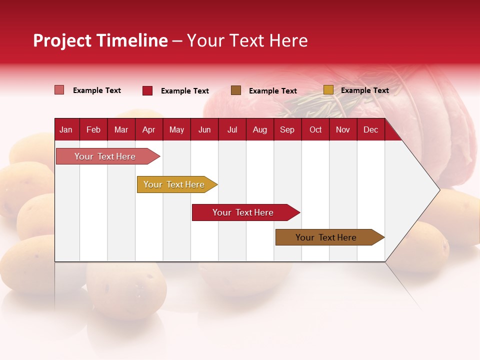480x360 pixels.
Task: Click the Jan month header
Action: [x=66, y=130]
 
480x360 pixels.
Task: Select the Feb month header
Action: [x=93, y=130]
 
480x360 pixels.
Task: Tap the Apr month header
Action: [x=148, y=130]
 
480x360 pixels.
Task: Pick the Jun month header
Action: [x=204, y=130]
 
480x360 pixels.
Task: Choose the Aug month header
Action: [x=259, y=130]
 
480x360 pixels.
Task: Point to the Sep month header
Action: [x=287, y=130]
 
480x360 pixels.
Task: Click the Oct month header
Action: [x=315, y=130]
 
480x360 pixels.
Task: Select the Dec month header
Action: [x=370, y=130]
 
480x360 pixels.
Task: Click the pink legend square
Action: [x=59, y=90]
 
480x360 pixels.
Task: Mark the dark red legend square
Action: [x=147, y=90]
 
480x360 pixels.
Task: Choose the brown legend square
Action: [x=236, y=90]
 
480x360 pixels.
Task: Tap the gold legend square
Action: [x=328, y=90]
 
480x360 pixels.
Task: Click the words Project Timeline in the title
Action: [x=100, y=40]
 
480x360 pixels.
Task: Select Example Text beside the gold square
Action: [x=364, y=90]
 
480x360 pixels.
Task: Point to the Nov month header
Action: [x=342, y=130]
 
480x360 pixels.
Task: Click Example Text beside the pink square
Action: [x=96, y=90]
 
